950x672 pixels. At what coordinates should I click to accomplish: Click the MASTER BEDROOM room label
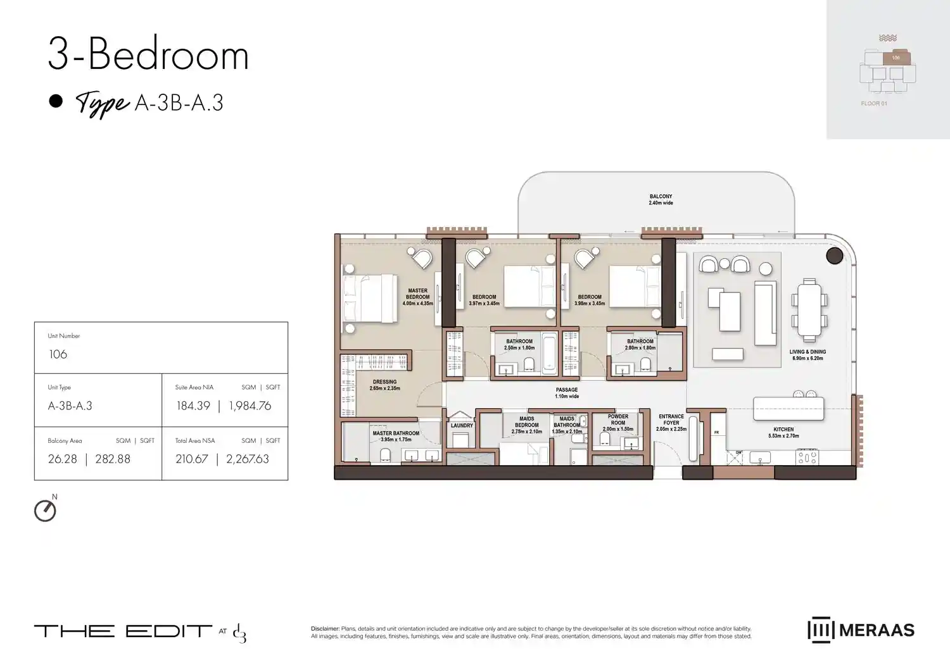tap(417, 297)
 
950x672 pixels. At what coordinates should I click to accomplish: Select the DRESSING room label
tap(384, 385)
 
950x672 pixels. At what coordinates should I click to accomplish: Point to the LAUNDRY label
tap(462, 426)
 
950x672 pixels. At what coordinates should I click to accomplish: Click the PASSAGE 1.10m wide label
tap(567, 393)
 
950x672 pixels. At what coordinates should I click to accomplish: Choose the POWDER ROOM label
tap(617, 423)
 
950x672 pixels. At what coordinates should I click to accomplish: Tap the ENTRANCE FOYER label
tap(671, 423)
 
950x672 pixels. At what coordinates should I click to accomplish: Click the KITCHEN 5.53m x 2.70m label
tap(783, 432)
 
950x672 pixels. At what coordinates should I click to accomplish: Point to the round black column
tap(835, 256)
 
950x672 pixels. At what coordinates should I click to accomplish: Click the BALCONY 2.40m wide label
tap(661, 199)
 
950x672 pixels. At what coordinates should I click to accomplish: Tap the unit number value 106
tap(58, 354)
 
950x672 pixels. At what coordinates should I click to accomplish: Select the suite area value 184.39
tap(193, 406)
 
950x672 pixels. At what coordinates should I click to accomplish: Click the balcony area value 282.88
tap(113, 459)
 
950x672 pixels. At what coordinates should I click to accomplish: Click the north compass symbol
tap(45, 511)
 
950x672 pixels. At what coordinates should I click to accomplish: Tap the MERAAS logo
tap(861, 630)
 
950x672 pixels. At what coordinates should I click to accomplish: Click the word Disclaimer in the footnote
tap(325, 629)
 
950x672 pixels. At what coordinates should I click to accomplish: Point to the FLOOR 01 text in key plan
tap(874, 104)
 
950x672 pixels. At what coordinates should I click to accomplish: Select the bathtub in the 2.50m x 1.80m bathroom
tap(548, 354)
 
